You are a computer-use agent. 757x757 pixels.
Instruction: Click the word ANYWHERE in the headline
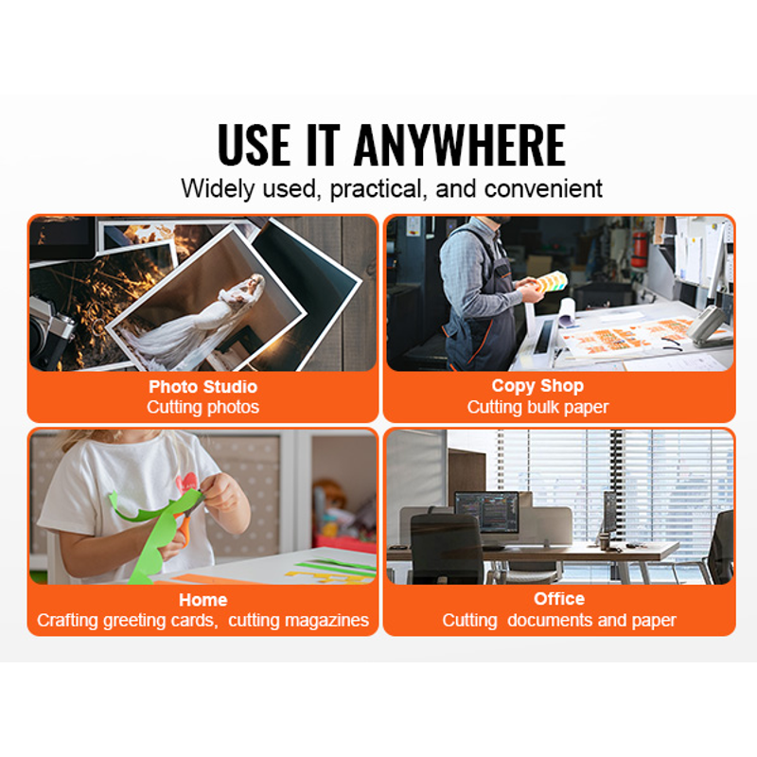tap(460, 145)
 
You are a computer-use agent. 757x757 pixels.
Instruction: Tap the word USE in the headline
tap(254, 145)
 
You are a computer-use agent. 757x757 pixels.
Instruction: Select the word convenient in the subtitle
tap(543, 188)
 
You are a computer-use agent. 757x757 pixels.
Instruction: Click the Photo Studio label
tap(202, 387)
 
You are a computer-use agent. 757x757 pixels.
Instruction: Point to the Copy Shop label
tap(537, 386)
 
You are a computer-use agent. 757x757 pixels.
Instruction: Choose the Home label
tap(202, 600)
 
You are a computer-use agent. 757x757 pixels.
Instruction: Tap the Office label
tap(559, 599)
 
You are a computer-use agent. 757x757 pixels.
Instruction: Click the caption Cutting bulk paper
tap(537, 407)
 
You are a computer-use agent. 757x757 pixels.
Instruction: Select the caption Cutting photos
tap(202, 407)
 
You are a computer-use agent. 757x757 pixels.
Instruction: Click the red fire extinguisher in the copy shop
tap(639, 250)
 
